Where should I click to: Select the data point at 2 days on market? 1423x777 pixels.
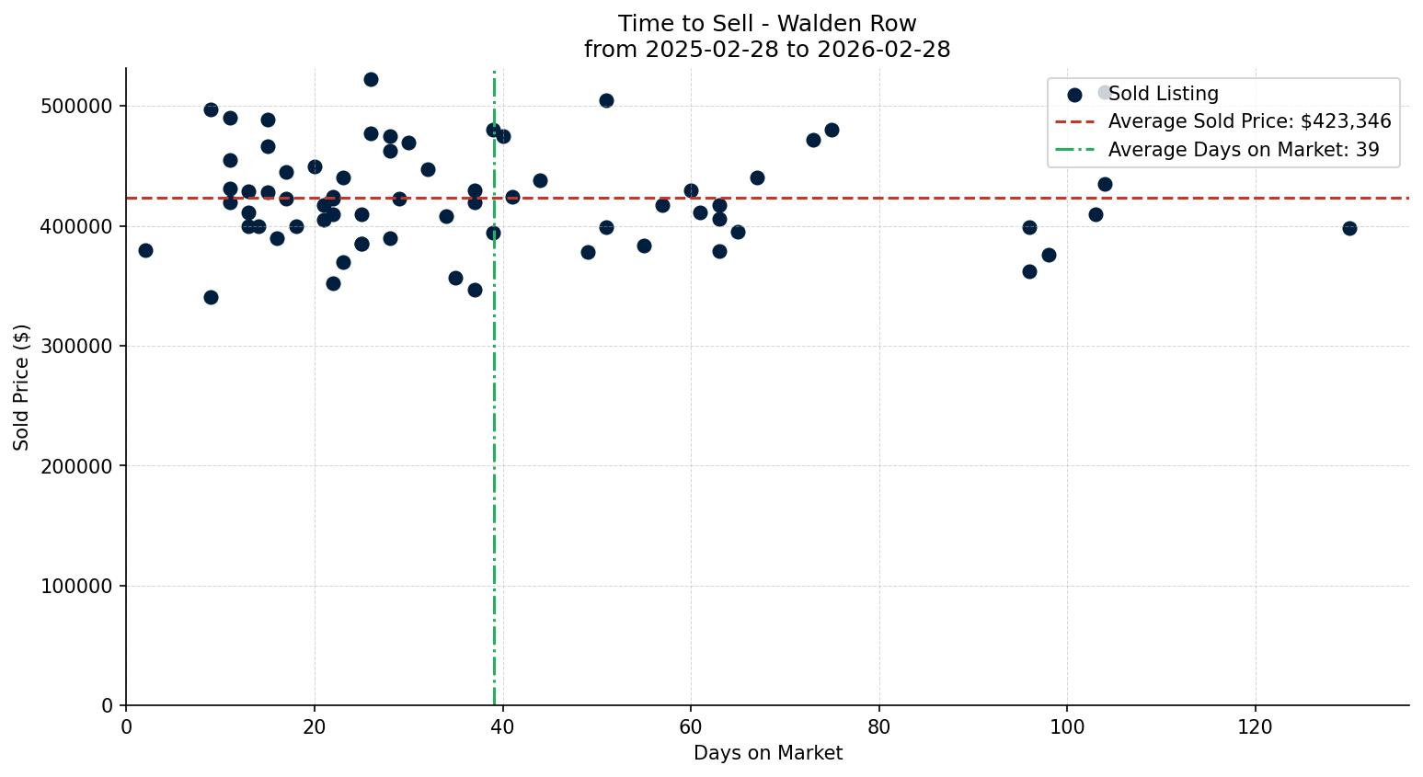point(145,250)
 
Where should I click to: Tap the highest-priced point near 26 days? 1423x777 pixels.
point(371,79)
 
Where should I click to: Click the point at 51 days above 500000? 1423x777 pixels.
point(606,100)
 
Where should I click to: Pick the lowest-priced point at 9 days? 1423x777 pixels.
point(211,297)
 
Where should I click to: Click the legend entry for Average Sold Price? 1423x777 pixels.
point(1249,121)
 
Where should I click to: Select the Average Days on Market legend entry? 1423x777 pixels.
point(1243,150)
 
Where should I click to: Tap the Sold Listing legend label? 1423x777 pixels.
point(1163,94)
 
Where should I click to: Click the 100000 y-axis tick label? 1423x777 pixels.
point(77,587)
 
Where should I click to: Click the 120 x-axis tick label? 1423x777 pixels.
point(1255,727)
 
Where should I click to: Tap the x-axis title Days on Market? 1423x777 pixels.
point(767,753)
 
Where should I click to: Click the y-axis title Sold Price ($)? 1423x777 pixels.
point(22,387)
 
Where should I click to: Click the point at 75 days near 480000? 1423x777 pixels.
point(832,130)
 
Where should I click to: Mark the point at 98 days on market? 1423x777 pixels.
point(1049,255)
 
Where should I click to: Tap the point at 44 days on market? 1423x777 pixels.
point(540,180)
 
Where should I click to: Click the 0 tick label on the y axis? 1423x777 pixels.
point(108,706)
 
